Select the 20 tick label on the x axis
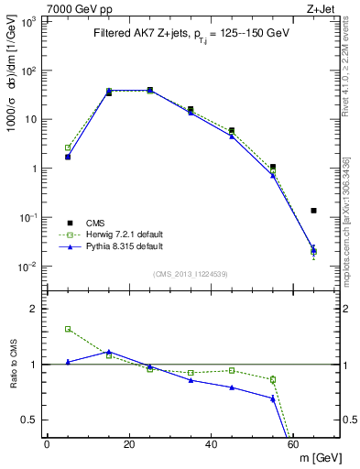pos(129,444)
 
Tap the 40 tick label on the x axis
pos(212,444)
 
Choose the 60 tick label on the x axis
pos(294,444)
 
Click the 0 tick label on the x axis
pos(47,444)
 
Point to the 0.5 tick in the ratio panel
pos(31,420)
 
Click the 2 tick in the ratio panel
pos(35,309)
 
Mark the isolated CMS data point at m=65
pos(314,211)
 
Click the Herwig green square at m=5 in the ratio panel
pos(68,329)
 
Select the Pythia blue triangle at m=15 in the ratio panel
pos(109,352)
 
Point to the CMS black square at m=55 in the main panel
pos(273,167)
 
